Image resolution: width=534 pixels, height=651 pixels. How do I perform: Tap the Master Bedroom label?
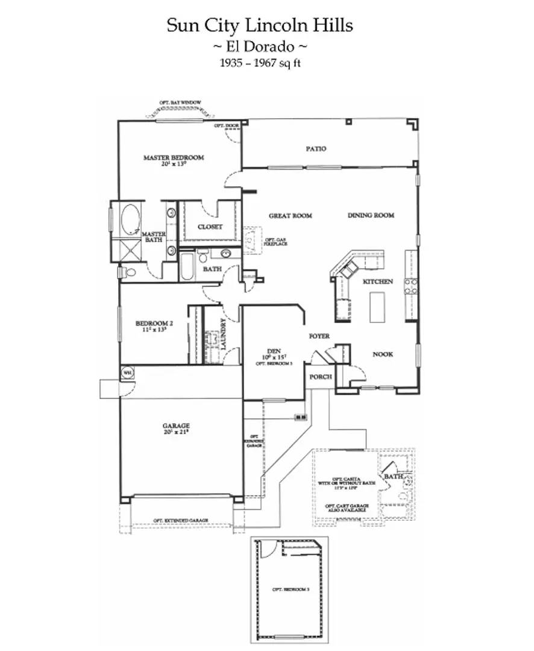tap(174, 158)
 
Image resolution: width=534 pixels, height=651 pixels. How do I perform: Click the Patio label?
tap(316, 148)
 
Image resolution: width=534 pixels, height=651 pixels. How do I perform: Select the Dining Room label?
tap(371, 215)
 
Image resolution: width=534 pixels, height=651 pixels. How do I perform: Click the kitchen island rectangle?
tap(377, 307)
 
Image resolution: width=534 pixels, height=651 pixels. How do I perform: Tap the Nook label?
tap(382, 354)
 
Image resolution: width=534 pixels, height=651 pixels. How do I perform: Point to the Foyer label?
tap(319, 336)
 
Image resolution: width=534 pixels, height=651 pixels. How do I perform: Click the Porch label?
tap(321, 377)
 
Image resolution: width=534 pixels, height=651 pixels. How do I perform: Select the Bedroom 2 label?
tap(151, 324)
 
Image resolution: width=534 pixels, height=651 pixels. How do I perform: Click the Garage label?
tap(176, 426)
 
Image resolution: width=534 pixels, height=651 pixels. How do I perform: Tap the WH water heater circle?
tap(127, 373)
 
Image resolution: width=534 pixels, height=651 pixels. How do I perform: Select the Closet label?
tap(210, 227)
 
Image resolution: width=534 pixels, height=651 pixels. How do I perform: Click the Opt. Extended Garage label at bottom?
tap(180, 520)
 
